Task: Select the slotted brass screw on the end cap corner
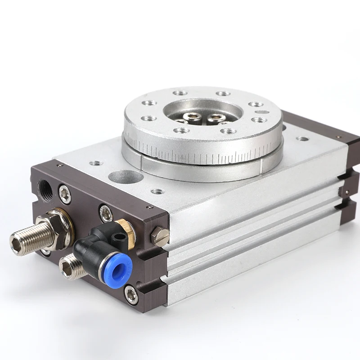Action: [x=161, y=236]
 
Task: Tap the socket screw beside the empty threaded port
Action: [x=65, y=194]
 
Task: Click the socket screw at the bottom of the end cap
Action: [x=131, y=295]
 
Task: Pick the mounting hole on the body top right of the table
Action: [x=302, y=139]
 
